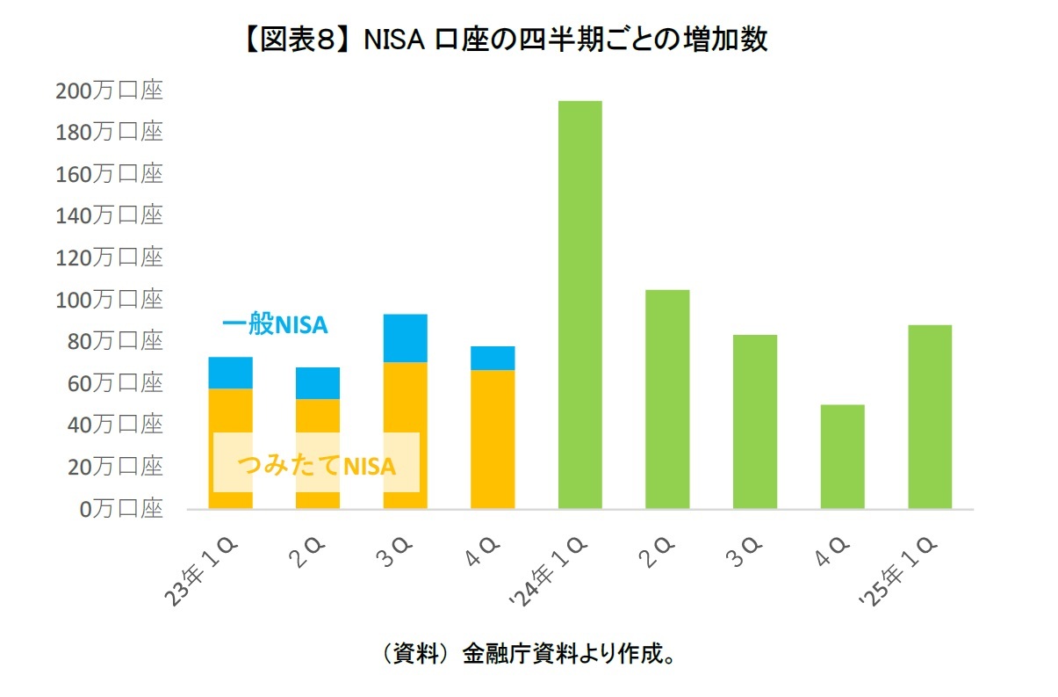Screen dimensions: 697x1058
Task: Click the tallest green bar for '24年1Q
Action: click(579, 304)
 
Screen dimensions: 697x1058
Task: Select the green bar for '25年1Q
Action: click(930, 417)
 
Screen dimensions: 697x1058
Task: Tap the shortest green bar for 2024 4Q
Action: click(842, 456)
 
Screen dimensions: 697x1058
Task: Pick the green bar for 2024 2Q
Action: click(667, 399)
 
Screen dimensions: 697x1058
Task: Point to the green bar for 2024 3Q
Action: click(754, 421)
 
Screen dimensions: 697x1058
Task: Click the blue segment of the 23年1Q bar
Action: click(230, 373)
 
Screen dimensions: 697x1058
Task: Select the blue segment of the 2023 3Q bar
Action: click(405, 338)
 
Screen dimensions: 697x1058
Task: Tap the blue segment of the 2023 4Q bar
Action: click(493, 358)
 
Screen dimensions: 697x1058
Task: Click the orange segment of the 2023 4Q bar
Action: click(493, 439)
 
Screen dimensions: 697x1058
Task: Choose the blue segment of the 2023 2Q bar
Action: click(318, 383)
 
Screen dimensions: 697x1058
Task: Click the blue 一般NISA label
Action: click(274, 325)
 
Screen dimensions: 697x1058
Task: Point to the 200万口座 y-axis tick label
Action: click(110, 91)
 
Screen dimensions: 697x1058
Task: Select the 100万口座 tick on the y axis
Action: click(110, 300)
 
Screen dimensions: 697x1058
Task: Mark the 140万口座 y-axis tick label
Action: click(110, 216)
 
